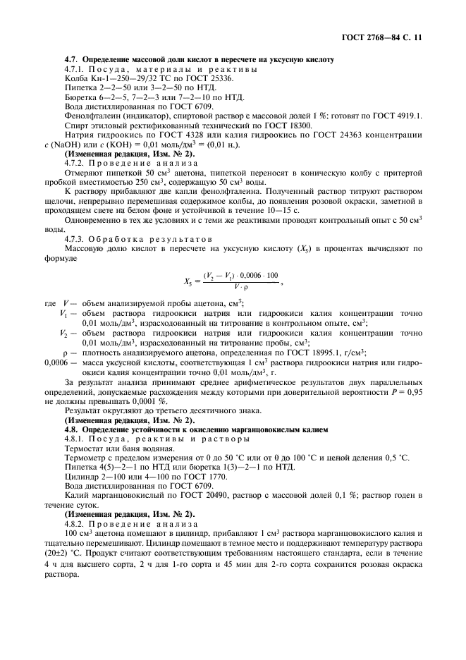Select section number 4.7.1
(x=75, y=70)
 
